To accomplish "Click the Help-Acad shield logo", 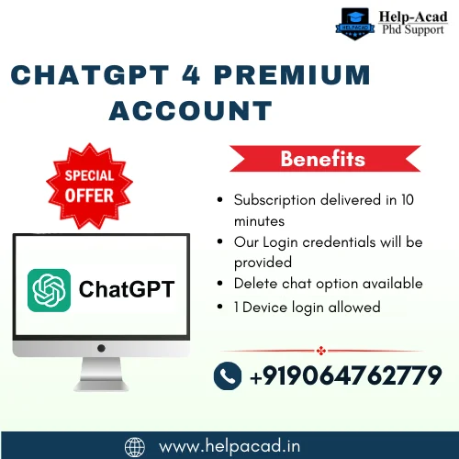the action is [x=355, y=24].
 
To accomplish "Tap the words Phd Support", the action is [x=413, y=29].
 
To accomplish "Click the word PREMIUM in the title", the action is [x=292, y=75].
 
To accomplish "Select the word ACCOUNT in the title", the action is [x=191, y=110].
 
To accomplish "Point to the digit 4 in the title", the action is [x=191, y=75].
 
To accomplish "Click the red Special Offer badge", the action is [x=89, y=185].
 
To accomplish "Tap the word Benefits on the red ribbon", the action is [x=323, y=159].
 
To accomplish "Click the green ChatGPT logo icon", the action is [x=49, y=290].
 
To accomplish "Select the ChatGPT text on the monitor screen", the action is [x=127, y=289].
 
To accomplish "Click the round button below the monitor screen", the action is [x=101, y=348].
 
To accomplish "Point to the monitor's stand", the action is [x=101, y=374].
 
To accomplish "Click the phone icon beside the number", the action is [x=228, y=375].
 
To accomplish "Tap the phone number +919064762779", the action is [x=346, y=375].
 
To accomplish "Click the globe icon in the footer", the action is [x=135, y=447].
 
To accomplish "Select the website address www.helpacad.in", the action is [x=229, y=446].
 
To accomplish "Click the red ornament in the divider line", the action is [x=321, y=351].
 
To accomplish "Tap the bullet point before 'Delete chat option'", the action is [x=219, y=284].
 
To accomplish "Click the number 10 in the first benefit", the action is [x=408, y=200].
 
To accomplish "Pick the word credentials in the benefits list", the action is [x=339, y=242].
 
